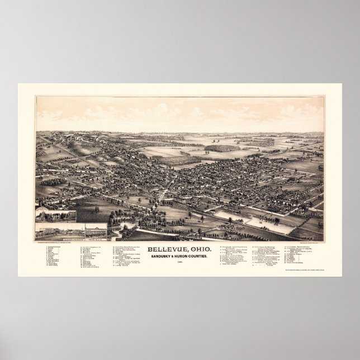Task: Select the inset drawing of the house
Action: coord(56,216)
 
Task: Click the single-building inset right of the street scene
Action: coord(96,231)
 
